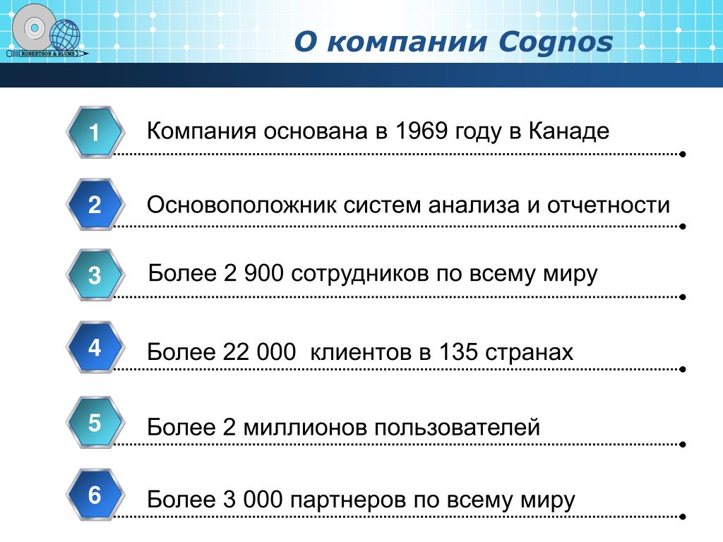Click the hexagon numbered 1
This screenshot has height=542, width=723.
(95, 132)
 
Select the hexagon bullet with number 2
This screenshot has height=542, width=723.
(95, 204)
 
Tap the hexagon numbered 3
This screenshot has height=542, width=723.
(95, 275)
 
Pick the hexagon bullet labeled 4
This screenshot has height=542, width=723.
(95, 347)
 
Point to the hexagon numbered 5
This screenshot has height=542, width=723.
(95, 422)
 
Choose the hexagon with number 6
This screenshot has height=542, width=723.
(95, 495)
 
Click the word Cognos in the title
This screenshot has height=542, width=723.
(556, 42)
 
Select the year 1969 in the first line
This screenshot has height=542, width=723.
(422, 131)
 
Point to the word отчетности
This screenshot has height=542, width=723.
(609, 205)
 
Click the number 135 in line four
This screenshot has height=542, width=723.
(458, 351)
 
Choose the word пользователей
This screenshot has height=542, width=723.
(457, 427)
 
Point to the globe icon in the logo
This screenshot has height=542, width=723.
(64, 35)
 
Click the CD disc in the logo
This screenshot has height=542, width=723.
(34, 28)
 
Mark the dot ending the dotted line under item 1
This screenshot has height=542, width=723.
(683, 154)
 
